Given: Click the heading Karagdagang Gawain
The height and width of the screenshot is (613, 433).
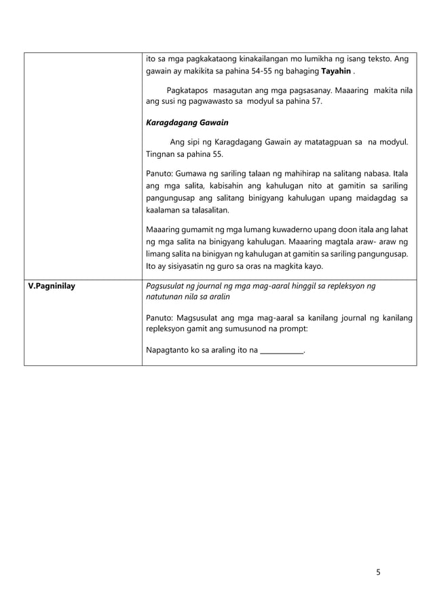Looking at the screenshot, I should [x=187, y=123].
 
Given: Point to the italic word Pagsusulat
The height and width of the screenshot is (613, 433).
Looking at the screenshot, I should [x=170, y=286].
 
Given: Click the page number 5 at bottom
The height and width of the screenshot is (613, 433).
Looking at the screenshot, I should [x=378, y=572].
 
